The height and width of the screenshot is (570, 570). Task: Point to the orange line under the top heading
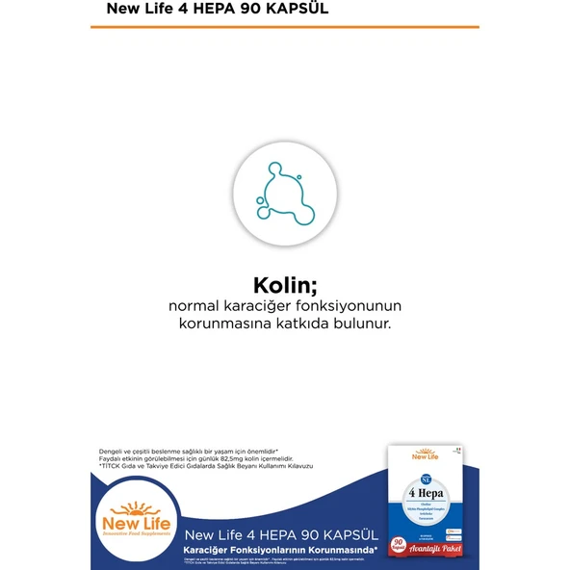[x=284, y=27]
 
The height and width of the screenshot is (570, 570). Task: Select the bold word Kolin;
[x=284, y=286]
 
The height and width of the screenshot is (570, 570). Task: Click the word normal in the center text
[x=196, y=306]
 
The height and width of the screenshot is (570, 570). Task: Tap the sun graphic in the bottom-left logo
[x=141, y=507]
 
